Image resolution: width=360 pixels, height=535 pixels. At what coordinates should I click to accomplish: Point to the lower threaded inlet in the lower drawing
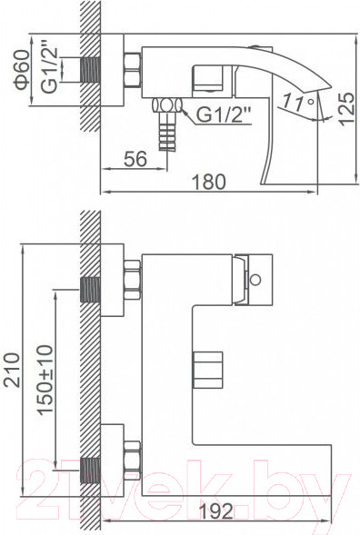coord(89,471)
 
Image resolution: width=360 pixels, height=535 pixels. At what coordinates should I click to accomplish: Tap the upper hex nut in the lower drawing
coord(132,280)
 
